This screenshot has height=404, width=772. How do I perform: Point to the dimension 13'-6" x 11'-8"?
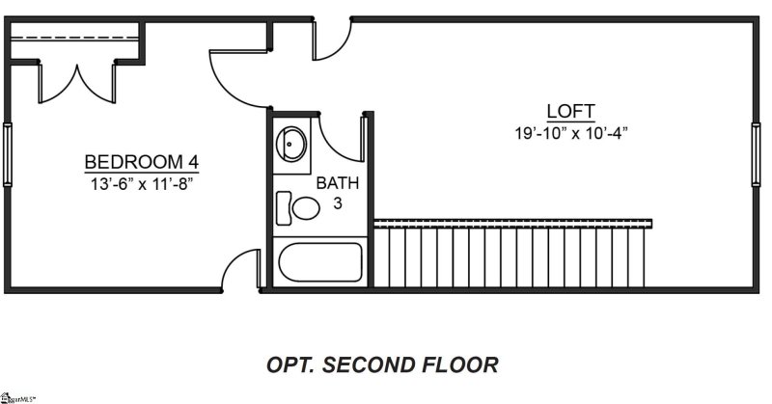click(142, 182)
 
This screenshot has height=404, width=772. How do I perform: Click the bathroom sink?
click(291, 147)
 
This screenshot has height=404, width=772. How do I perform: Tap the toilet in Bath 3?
click(299, 207)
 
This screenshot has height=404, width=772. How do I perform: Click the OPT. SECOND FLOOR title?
click(382, 365)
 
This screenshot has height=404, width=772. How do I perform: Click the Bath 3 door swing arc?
click(341, 140)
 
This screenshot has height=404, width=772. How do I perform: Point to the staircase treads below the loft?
click(511, 256)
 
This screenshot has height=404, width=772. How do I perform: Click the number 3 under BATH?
click(337, 202)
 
